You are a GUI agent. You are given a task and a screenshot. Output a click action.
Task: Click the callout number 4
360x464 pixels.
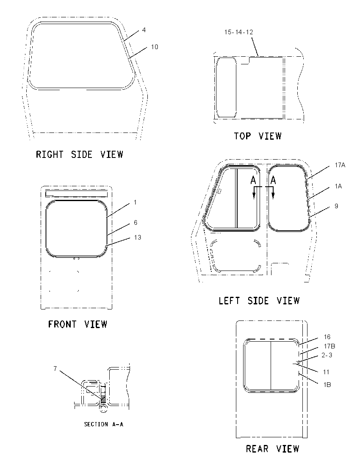click(144, 30)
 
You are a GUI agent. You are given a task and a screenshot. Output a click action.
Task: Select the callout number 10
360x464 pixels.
click(155, 47)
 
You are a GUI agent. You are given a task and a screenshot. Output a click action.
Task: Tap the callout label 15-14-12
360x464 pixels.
click(238, 32)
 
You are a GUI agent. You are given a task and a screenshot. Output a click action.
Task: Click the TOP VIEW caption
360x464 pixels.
click(258, 136)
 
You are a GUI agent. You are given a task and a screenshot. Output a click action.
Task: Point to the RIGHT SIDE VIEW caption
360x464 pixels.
click(79, 154)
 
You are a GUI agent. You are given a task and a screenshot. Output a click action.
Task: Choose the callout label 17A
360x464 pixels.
click(340, 165)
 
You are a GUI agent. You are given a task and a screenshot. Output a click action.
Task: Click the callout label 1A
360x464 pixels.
click(338, 186)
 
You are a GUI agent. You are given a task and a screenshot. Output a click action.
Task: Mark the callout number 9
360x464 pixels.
click(336, 206)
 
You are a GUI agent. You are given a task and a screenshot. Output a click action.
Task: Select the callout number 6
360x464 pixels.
click(136, 222)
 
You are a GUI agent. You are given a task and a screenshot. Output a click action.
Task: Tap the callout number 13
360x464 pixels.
click(138, 238)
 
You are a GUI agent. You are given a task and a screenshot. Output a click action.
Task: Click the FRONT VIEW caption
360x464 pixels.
click(78, 324)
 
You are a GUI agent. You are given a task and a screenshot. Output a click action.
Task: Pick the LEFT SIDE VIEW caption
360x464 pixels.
click(259, 301)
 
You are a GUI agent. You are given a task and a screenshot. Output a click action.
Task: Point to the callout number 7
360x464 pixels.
click(55, 368)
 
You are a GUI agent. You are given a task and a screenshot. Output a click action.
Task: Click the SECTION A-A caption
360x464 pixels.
click(104, 424)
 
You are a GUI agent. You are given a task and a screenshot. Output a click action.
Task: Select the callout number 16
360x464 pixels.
click(327, 337)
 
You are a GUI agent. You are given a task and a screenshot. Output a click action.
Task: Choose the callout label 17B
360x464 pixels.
click(330, 346)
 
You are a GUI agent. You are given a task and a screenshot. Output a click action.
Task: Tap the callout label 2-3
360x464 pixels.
click(327, 355)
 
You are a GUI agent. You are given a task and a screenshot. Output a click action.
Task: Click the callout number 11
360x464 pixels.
click(326, 372)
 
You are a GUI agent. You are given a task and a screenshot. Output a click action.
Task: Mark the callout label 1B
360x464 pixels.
click(327, 385)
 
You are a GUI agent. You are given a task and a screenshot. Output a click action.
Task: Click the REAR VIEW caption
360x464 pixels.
click(273, 449)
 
